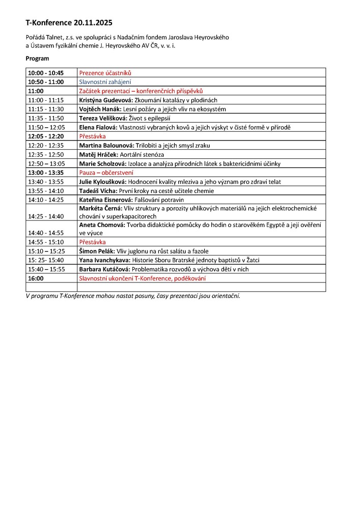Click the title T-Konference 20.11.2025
click(x=69, y=23)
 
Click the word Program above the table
click(x=37, y=59)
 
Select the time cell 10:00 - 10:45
click(x=46, y=73)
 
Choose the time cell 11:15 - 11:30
click(x=46, y=109)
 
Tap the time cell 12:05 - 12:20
click(x=46, y=136)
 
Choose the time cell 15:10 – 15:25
click(x=46, y=251)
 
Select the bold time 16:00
click(x=36, y=278)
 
